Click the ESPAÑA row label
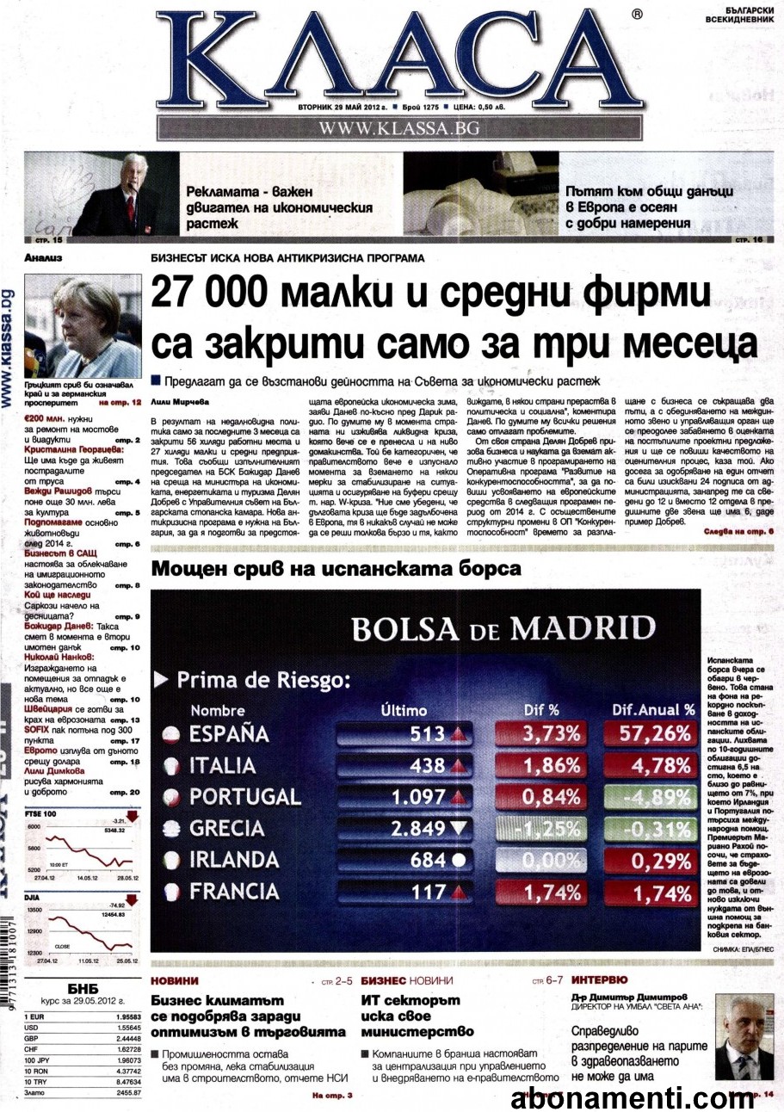228,734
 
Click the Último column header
404,710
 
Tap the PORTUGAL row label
244,796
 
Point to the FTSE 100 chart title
41,813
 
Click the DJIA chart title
34,896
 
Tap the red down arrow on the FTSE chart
132,817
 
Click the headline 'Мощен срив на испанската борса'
336,569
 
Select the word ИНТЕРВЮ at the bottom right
599,979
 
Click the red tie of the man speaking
131,207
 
